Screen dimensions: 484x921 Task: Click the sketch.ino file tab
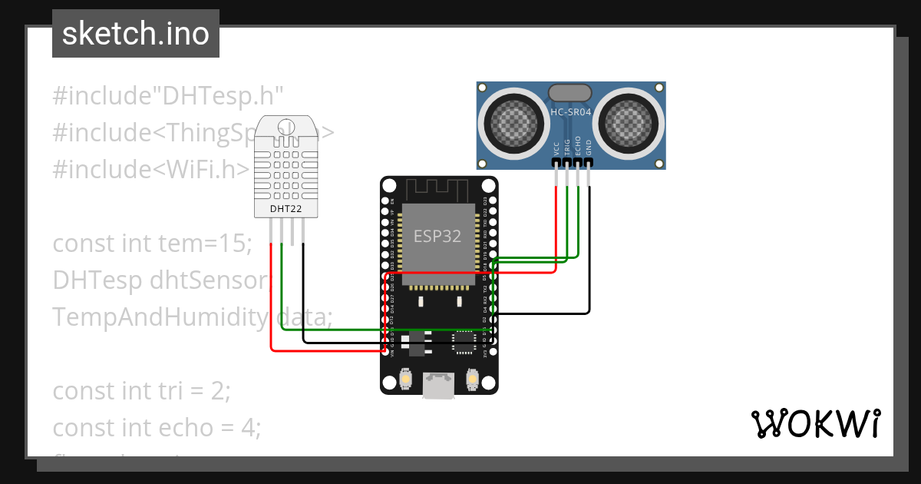tap(136, 34)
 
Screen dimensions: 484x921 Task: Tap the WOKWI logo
tap(815, 424)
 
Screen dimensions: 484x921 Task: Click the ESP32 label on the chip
tap(437, 236)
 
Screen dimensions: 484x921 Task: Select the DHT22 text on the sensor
tap(286, 208)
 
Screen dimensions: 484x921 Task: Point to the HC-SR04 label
tap(570, 112)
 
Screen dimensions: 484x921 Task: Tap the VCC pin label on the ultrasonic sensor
tap(556, 148)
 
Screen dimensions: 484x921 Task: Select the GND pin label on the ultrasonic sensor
tap(589, 148)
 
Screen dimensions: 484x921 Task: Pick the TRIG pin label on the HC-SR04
tap(567, 146)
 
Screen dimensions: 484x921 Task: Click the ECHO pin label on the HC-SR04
tap(578, 146)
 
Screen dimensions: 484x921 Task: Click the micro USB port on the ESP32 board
tap(439, 386)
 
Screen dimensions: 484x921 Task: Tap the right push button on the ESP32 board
tap(472, 379)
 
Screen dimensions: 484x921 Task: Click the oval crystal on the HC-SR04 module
tap(570, 93)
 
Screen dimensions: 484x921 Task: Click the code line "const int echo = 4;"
tap(157, 426)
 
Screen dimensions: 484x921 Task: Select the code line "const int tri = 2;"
tap(141, 390)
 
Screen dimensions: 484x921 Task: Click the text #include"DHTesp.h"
tap(168, 96)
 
